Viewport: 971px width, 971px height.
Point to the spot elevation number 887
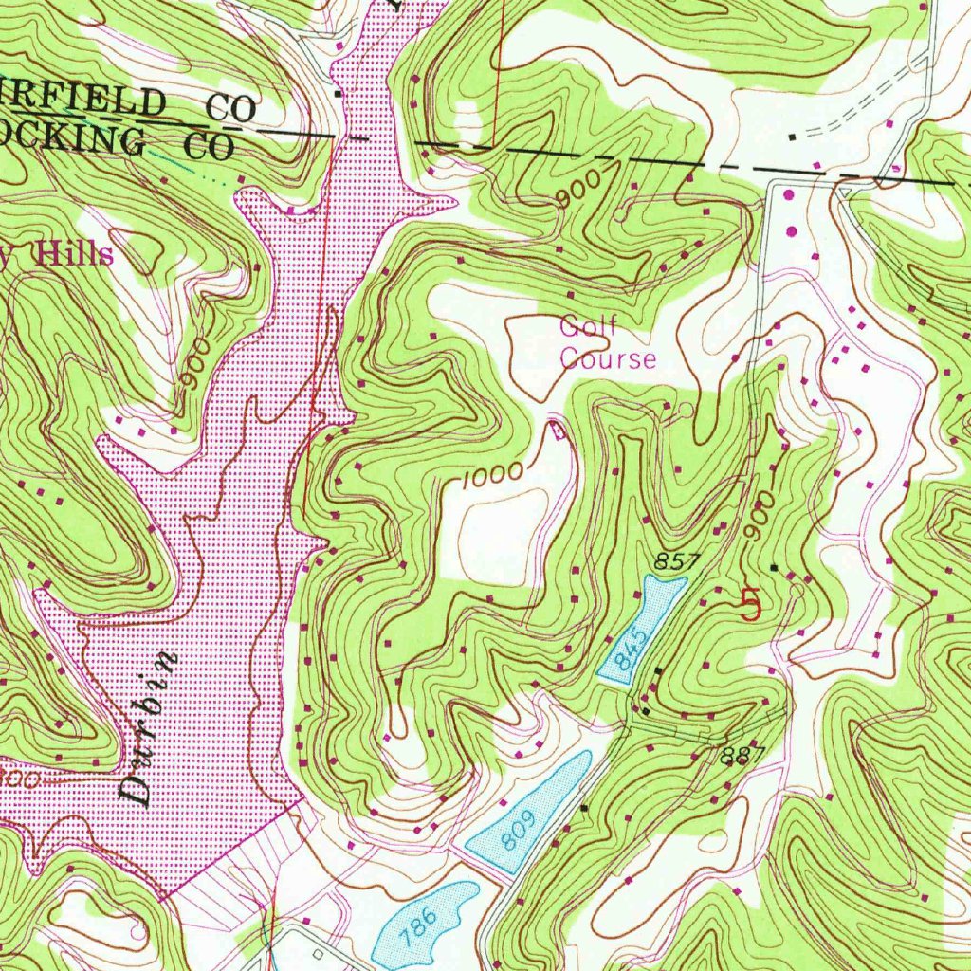[742, 756]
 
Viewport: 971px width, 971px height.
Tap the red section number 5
[750, 604]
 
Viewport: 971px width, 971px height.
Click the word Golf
[588, 327]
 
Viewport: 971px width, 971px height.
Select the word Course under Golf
[607, 358]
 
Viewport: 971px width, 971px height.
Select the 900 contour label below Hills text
[196, 365]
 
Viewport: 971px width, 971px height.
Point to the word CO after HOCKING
[208, 146]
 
